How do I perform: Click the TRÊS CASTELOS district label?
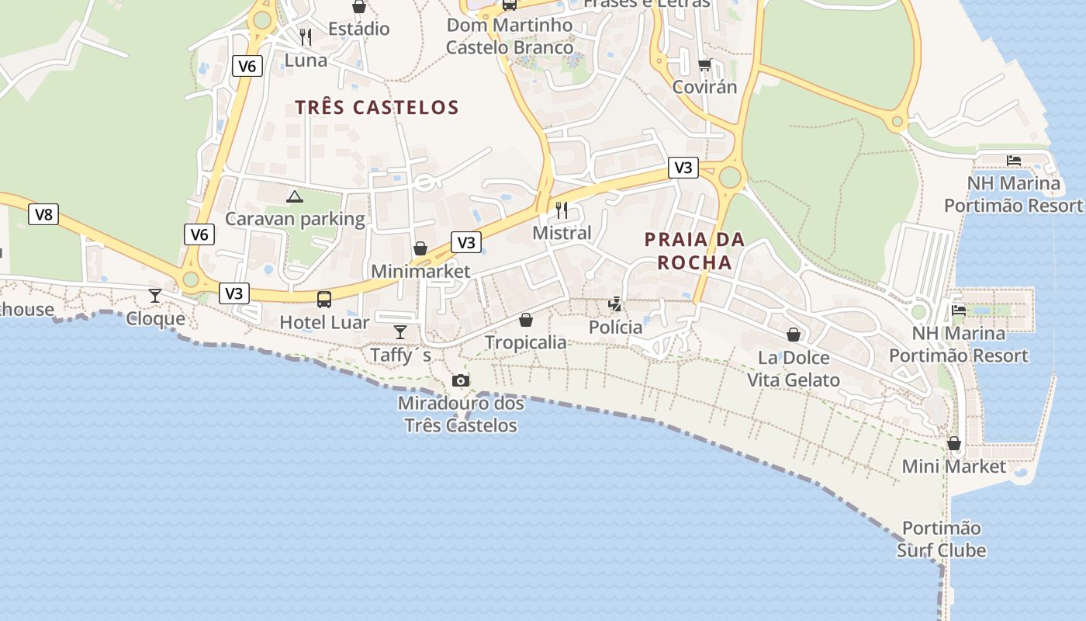click(x=377, y=107)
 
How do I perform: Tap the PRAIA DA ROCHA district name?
click(x=694, y=251)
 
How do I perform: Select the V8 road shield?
click(x=43, y=214)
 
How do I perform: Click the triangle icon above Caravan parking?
click(x=294, y=196)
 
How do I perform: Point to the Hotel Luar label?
click(x=324, y=322)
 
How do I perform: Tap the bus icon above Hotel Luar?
click(x=324, y=299)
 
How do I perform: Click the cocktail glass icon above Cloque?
click(x=155, y=295)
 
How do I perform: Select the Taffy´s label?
click(x=400, y=355)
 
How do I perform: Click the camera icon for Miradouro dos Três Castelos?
click(x=461, y=380)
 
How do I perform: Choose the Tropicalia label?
click(x=526, y=342)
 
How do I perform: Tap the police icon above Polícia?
click(x=615, y=304)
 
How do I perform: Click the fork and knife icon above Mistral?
click(x=562, y=210)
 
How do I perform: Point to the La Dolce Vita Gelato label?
click(x=794, y=369)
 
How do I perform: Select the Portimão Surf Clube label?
click(x=942, y=539)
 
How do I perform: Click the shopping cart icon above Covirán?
click(x=704, y=64)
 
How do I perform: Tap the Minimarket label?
click(x=420, y=271)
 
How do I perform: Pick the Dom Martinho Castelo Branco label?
click(x=510, y=36)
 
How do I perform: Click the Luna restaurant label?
click(x=306, y=60)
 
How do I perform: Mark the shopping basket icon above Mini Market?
click(x=954, y=443)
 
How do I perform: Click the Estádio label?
click(x=358, y=29)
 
